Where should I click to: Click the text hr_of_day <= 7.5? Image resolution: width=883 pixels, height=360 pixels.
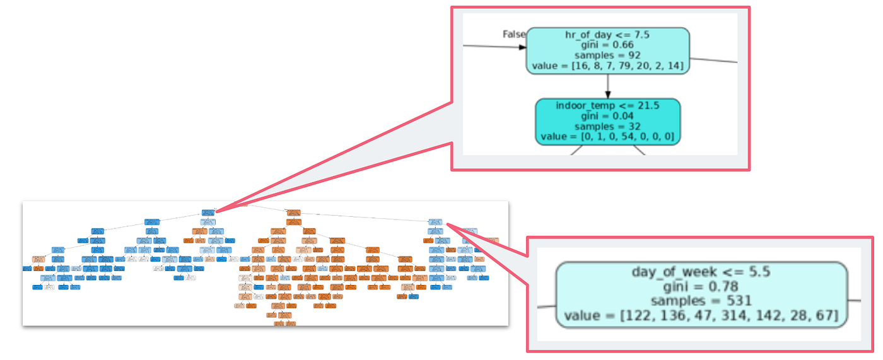pos(607,35)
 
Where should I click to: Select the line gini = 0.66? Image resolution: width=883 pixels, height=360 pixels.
pos(607,45)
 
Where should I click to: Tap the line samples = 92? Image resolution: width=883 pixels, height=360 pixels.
pos(607,55)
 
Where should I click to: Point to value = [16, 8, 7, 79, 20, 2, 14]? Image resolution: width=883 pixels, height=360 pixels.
pos(607,66)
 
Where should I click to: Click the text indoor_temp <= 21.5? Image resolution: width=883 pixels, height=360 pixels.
pos(608,105)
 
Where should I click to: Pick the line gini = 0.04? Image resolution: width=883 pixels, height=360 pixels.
pos(608,115)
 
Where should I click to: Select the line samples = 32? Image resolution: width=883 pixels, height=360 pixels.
pos(608,125)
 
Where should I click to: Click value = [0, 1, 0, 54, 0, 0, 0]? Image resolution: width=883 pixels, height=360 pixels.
pos(608,136)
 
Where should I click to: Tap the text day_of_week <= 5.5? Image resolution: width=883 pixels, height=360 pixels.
pos(701,272)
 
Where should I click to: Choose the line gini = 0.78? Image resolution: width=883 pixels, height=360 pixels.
pos(701,286)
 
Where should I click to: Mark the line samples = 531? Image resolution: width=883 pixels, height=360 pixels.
pos(701,301)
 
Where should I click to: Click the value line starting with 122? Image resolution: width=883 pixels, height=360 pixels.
pos(701,315)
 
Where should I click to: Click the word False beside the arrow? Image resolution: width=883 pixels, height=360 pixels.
pos(514,34)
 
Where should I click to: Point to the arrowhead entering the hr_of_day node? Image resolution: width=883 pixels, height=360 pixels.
pos(522,47)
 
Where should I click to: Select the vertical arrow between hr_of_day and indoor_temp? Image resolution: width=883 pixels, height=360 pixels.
pos(608,85)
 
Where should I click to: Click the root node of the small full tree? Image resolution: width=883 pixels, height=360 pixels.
pos(209,212)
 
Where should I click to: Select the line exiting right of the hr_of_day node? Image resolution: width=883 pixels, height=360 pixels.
pos(713,59)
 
